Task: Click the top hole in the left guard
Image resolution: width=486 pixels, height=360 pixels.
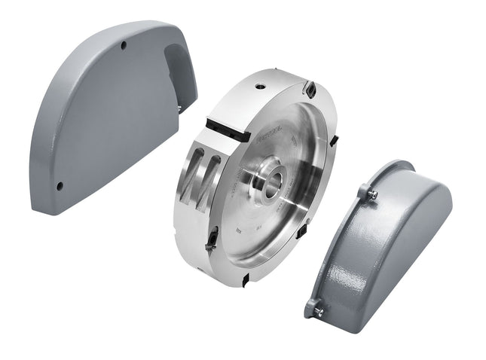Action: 124,46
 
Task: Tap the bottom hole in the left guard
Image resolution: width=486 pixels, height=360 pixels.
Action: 60,186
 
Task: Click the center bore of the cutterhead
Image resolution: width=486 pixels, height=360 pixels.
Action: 271,181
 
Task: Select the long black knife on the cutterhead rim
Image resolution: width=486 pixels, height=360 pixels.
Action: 228,129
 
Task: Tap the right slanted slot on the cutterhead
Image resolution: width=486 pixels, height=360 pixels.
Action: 210,181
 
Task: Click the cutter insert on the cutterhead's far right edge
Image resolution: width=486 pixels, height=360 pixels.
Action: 335,139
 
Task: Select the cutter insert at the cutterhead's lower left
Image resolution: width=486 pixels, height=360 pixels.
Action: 213,239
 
